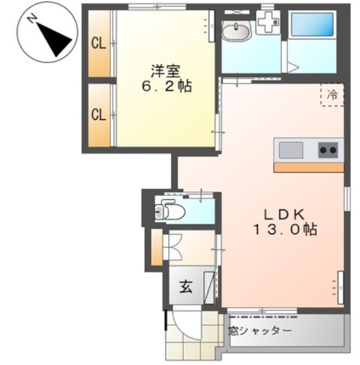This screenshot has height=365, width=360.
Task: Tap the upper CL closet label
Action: click(x=99, y=45)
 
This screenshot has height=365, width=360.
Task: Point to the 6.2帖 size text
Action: click(x=166, y=87)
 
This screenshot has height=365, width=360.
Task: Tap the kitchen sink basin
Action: click(x=291, y=150)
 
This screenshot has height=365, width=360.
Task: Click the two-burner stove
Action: click(x=328, y=150)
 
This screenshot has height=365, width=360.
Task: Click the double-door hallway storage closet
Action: click(x=172, y=246)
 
